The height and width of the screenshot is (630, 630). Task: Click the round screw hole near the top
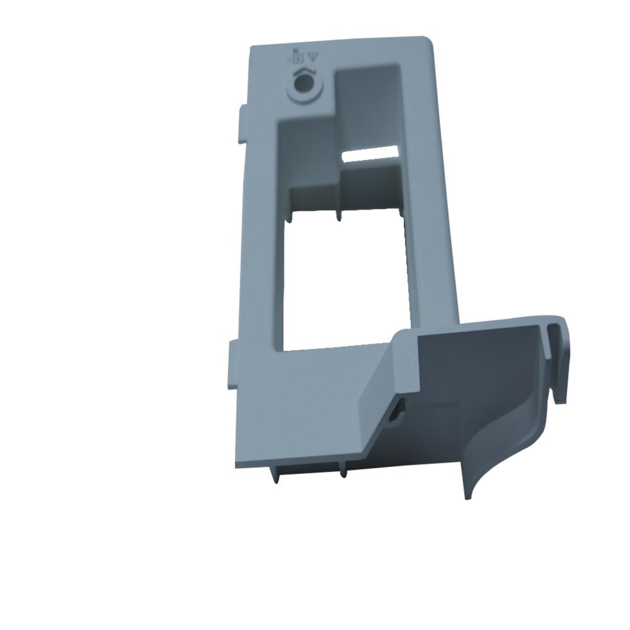304,83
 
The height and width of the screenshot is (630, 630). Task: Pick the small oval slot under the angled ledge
397,412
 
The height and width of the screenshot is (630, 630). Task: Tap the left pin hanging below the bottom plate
275,476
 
